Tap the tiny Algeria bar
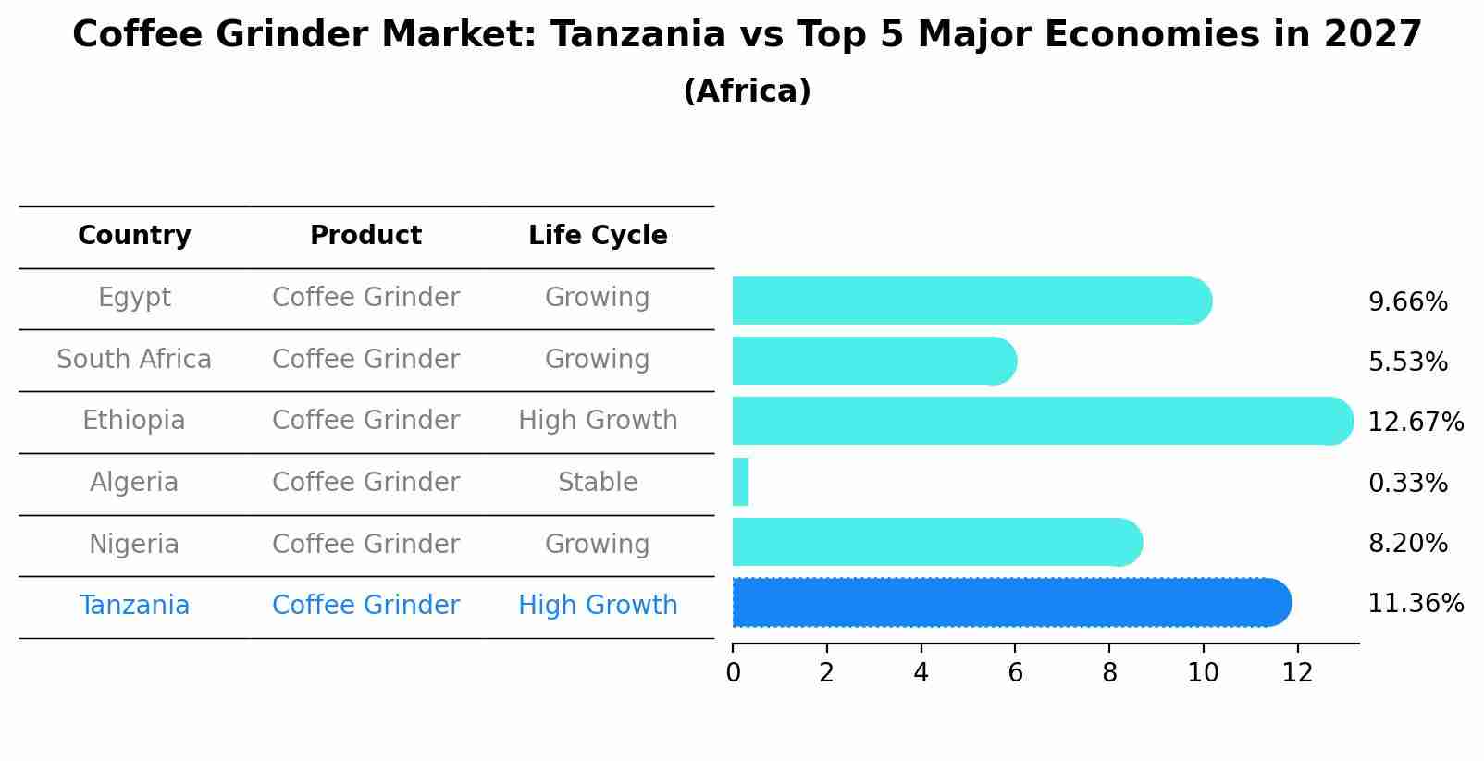[x=740, y=482]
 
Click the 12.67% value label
[x=1415, y=423]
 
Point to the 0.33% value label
[x=1407, y=483]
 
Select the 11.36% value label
[x=1415, y=604]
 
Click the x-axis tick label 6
[x=1015, y=673]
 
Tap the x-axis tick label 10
[x=1203, y=673]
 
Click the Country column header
[x=134, y=236]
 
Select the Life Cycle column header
[x=598, y=236]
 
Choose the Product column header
[x=365, y=236]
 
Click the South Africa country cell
[x=134, y=359]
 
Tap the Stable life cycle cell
[x=598, y=483]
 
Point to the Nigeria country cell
[x=134, y=544]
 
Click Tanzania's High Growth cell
[x=598, y=606]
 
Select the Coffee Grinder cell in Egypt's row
[x=365, y=298]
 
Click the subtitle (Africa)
[x=747, y=92]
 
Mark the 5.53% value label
[x=1407, y=362]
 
